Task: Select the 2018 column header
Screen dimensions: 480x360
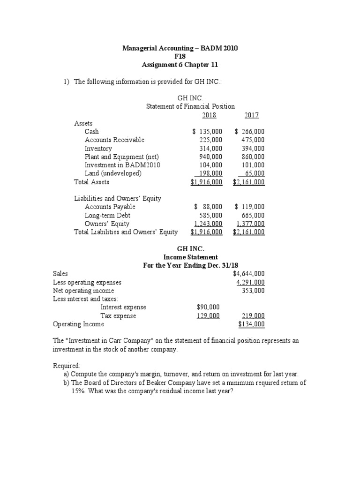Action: pyautogui.click(x=209, y=115)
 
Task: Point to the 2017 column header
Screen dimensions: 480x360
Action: pyautogui.click(x=251, y=115)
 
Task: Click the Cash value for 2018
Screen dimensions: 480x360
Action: pyautogui.click(x=207, y=132)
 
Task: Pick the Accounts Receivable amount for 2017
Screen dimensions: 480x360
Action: pyautogui.click(x=253, y=140)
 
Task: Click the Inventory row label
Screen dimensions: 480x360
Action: pyautogui.click(x=98, y=149)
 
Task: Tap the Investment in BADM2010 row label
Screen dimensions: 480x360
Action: pyautogui.click(x=122, y=165)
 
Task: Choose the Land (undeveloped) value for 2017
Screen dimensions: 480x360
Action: pyautogui.click(x=254, y=174)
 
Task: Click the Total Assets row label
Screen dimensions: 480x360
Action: pyautogui.click(x=91, y=182)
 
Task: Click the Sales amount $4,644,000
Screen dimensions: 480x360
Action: pyautogui.click(x=248, y=274)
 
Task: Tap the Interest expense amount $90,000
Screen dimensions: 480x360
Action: pyautogui.click(x=208, y=307)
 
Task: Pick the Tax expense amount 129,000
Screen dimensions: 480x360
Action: pyautogui.click(x=208, y=316)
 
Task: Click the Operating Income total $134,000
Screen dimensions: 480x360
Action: pyautogui.click(x=251, y=324)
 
